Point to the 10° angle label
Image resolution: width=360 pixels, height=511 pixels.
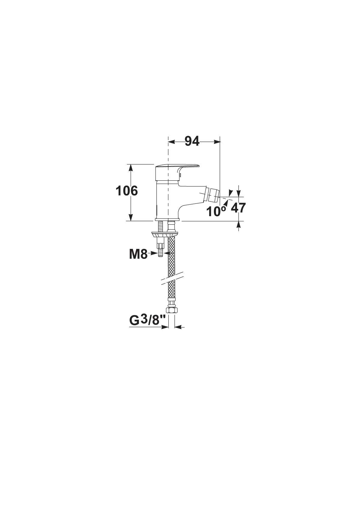(x=216, y=211)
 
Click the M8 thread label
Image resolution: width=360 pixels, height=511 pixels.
(x=138, y=254)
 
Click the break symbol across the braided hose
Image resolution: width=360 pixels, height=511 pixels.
(x=172, y=278)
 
